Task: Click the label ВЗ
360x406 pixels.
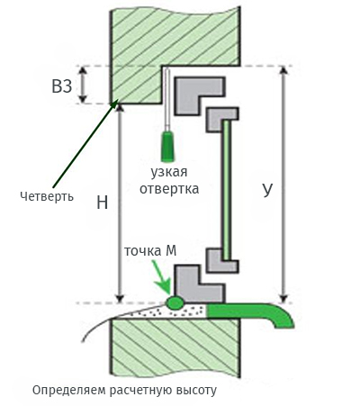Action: [62, 86]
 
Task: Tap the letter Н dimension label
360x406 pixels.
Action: [103, 203]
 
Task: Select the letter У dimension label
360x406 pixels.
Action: [267, 189]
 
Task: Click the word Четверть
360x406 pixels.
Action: [47, 196]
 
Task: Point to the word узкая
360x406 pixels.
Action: [168, 172]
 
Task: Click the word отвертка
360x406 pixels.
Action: [169, 189]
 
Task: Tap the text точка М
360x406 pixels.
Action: [150, 251]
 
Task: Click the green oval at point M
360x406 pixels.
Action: [175, 302]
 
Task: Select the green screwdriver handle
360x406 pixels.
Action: [167, 146]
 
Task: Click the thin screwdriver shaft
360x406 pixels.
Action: [167, 100]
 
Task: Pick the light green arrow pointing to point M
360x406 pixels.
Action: [161, 277]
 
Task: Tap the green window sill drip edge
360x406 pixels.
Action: [250, 313]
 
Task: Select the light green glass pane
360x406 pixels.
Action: [227, 190]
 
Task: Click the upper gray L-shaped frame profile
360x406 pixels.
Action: [199, 95]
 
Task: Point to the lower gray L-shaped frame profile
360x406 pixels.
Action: [199, 284]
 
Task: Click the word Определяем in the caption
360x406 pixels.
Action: [68, 391]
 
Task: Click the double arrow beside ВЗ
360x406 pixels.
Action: [83, 85]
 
